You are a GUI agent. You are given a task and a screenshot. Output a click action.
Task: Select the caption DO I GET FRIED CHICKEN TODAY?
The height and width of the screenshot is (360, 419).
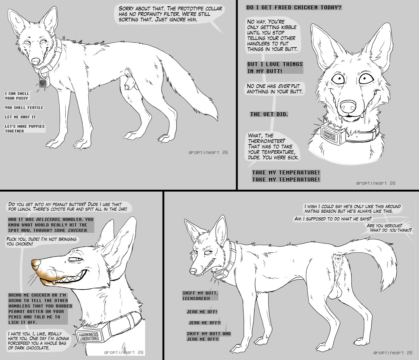[294, 7]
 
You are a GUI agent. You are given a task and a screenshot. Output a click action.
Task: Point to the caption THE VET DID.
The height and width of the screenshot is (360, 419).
[269, 114]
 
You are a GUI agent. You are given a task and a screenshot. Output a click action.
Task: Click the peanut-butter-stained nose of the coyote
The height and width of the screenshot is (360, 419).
[36, 265]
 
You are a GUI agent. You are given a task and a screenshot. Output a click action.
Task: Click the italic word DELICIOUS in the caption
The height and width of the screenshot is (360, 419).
[48, 219]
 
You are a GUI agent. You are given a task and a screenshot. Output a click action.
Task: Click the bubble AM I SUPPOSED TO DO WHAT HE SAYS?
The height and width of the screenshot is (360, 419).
[333, 219]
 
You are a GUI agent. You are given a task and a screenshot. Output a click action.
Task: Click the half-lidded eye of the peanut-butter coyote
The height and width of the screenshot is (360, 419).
[75, 260]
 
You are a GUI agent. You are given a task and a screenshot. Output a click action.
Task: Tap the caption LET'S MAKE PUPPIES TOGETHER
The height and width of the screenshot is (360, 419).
[25, 128]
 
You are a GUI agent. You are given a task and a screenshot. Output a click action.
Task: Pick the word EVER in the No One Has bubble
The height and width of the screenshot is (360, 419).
[284, 86]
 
